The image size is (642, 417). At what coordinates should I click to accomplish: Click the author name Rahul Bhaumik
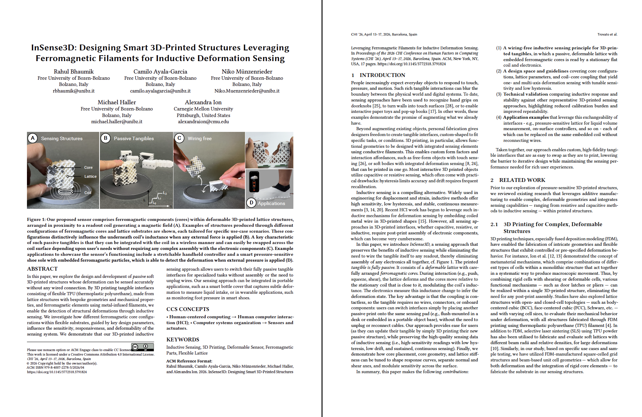click(74, 71)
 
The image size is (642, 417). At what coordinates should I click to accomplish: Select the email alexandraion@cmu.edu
click(203, 122)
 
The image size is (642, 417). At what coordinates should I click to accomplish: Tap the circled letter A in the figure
click(32, 138)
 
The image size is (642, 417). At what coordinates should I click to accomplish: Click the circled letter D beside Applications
click(251, 203)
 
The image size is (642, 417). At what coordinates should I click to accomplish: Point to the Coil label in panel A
click(88, 193)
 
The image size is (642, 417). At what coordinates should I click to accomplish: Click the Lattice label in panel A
click(91, 176)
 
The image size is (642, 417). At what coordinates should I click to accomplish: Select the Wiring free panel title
click(199, 138)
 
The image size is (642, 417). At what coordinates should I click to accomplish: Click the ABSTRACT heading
click(42, 269)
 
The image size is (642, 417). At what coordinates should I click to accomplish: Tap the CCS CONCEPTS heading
click(188, 309)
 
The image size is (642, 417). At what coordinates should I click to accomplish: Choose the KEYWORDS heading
click(182, 339)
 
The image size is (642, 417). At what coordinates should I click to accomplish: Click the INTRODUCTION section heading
click(382, 75)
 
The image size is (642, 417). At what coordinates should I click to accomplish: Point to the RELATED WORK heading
click(522, 180)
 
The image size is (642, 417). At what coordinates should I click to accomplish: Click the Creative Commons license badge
click(142, 347)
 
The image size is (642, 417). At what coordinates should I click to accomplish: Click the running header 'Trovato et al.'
click(607, 34)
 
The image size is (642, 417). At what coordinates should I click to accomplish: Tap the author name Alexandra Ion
click(203, 102)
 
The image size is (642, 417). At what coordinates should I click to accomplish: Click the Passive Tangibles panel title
click(134, 138)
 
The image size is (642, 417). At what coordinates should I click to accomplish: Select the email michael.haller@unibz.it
click(117, 122)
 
